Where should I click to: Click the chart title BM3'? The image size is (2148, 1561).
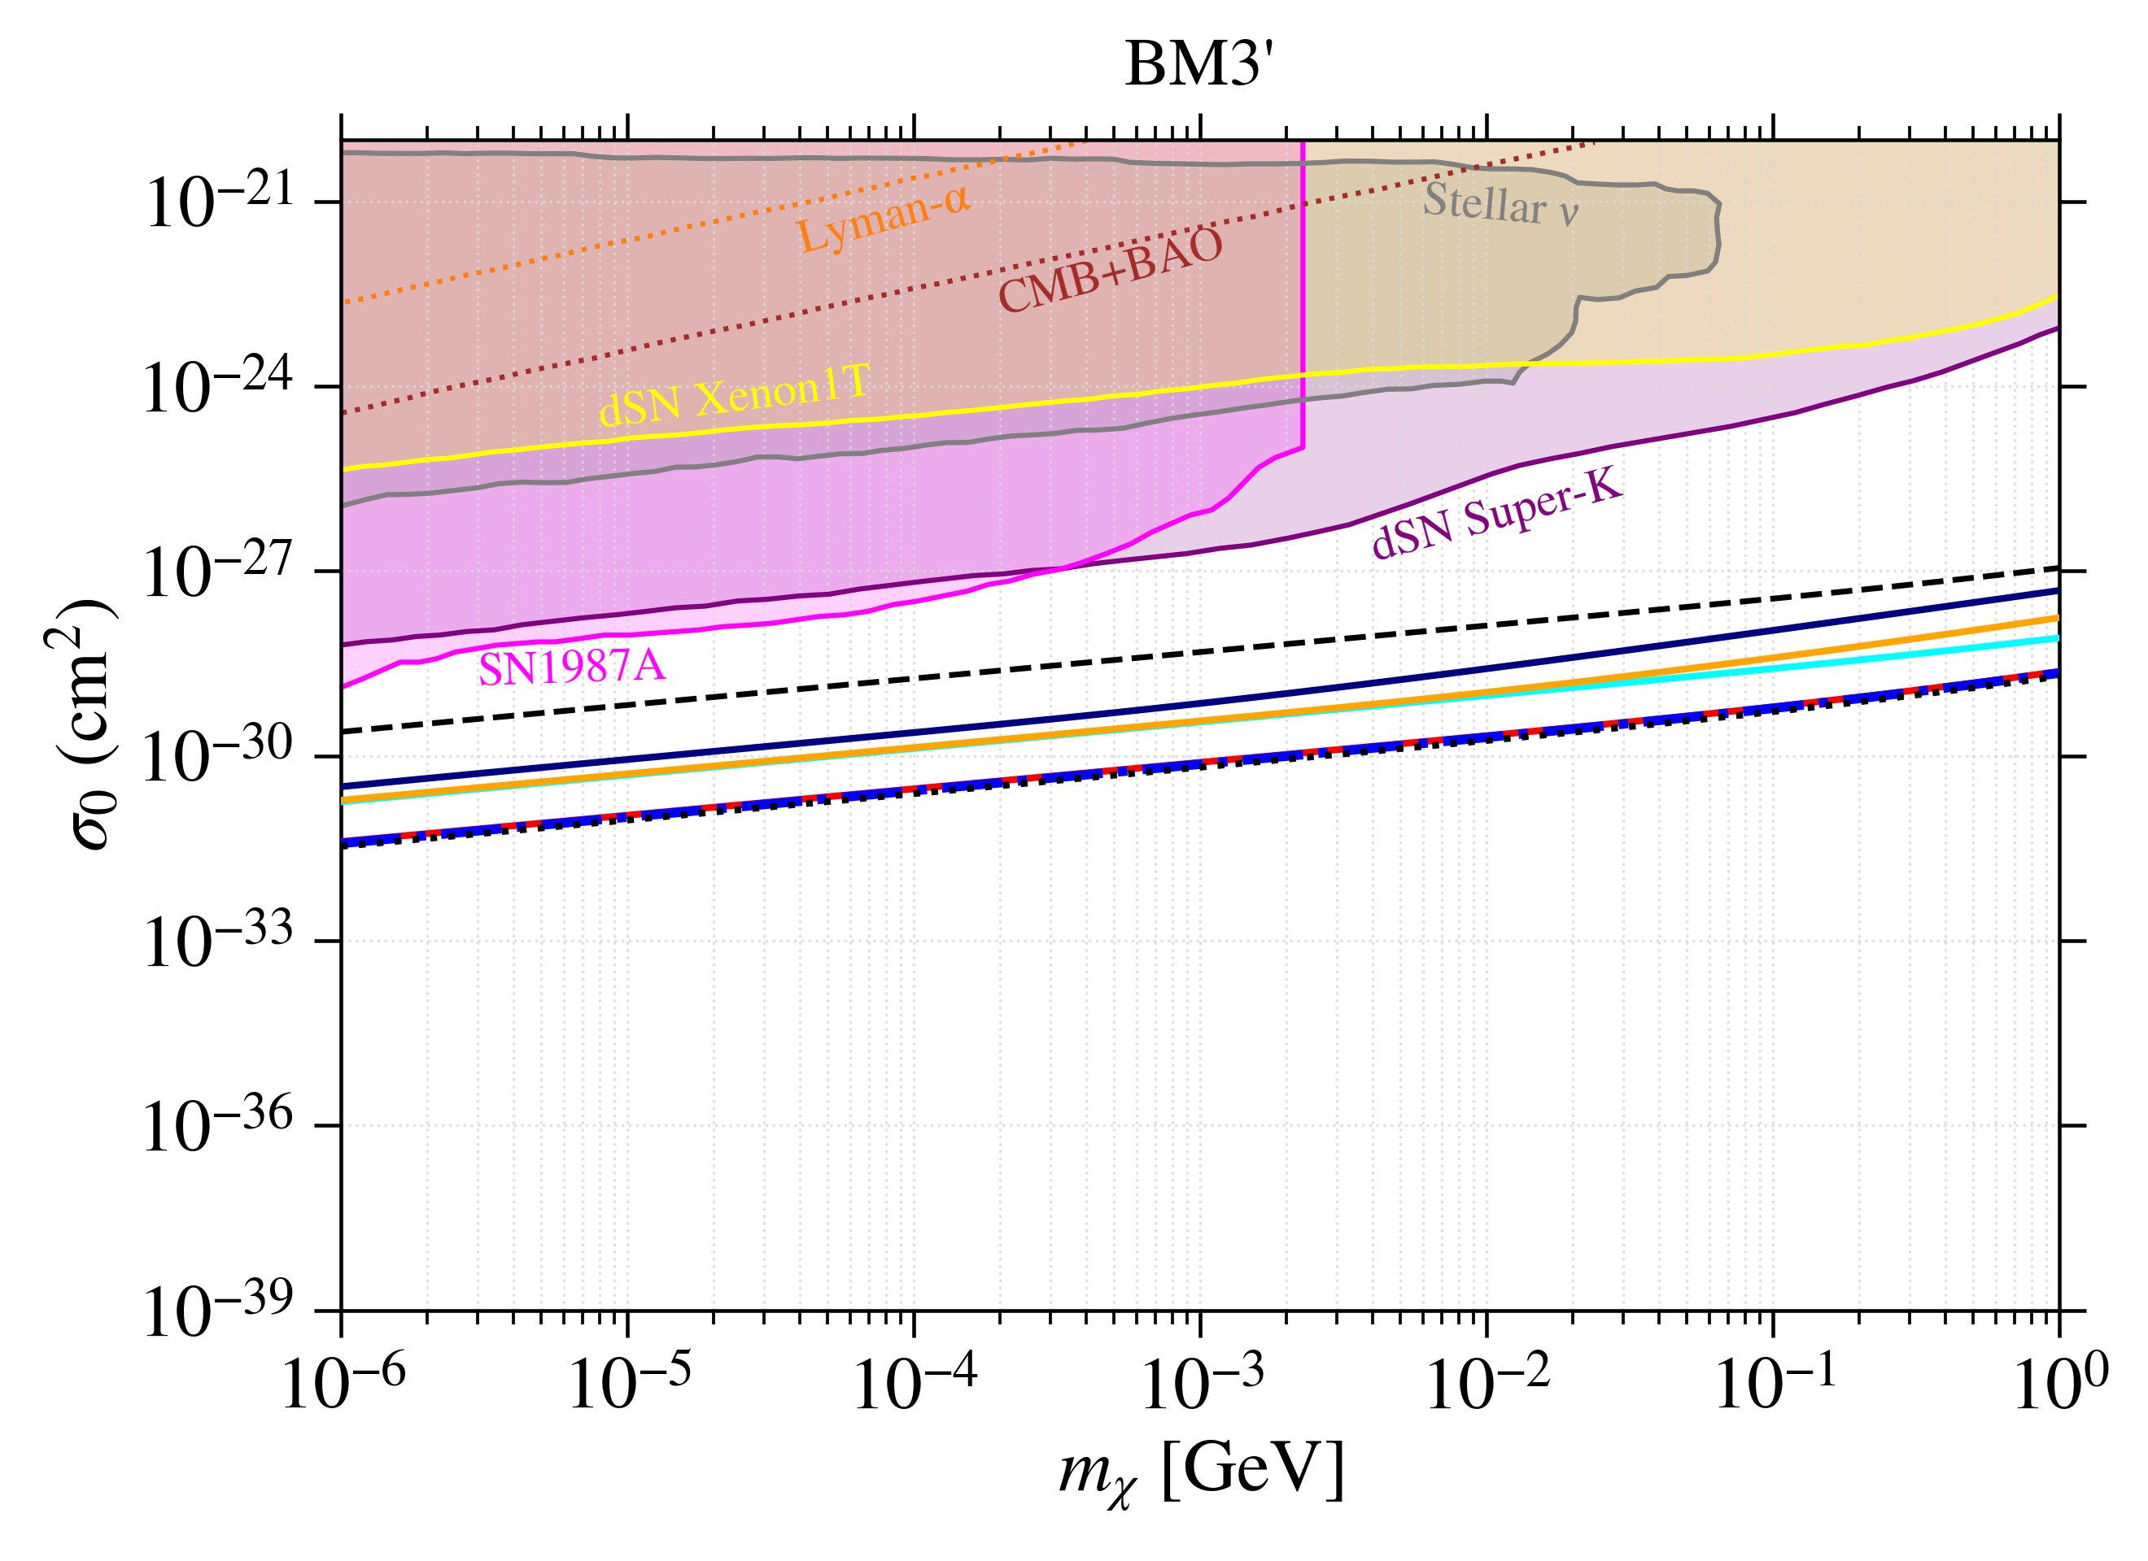click(1200, 65)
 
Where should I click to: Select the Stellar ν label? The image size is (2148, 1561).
click(1501, 203)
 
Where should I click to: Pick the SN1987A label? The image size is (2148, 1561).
click(572, 668)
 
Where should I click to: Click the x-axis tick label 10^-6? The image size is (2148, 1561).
click(343, 1384)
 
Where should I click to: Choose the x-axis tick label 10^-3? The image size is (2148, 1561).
click(1202, 1384)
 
